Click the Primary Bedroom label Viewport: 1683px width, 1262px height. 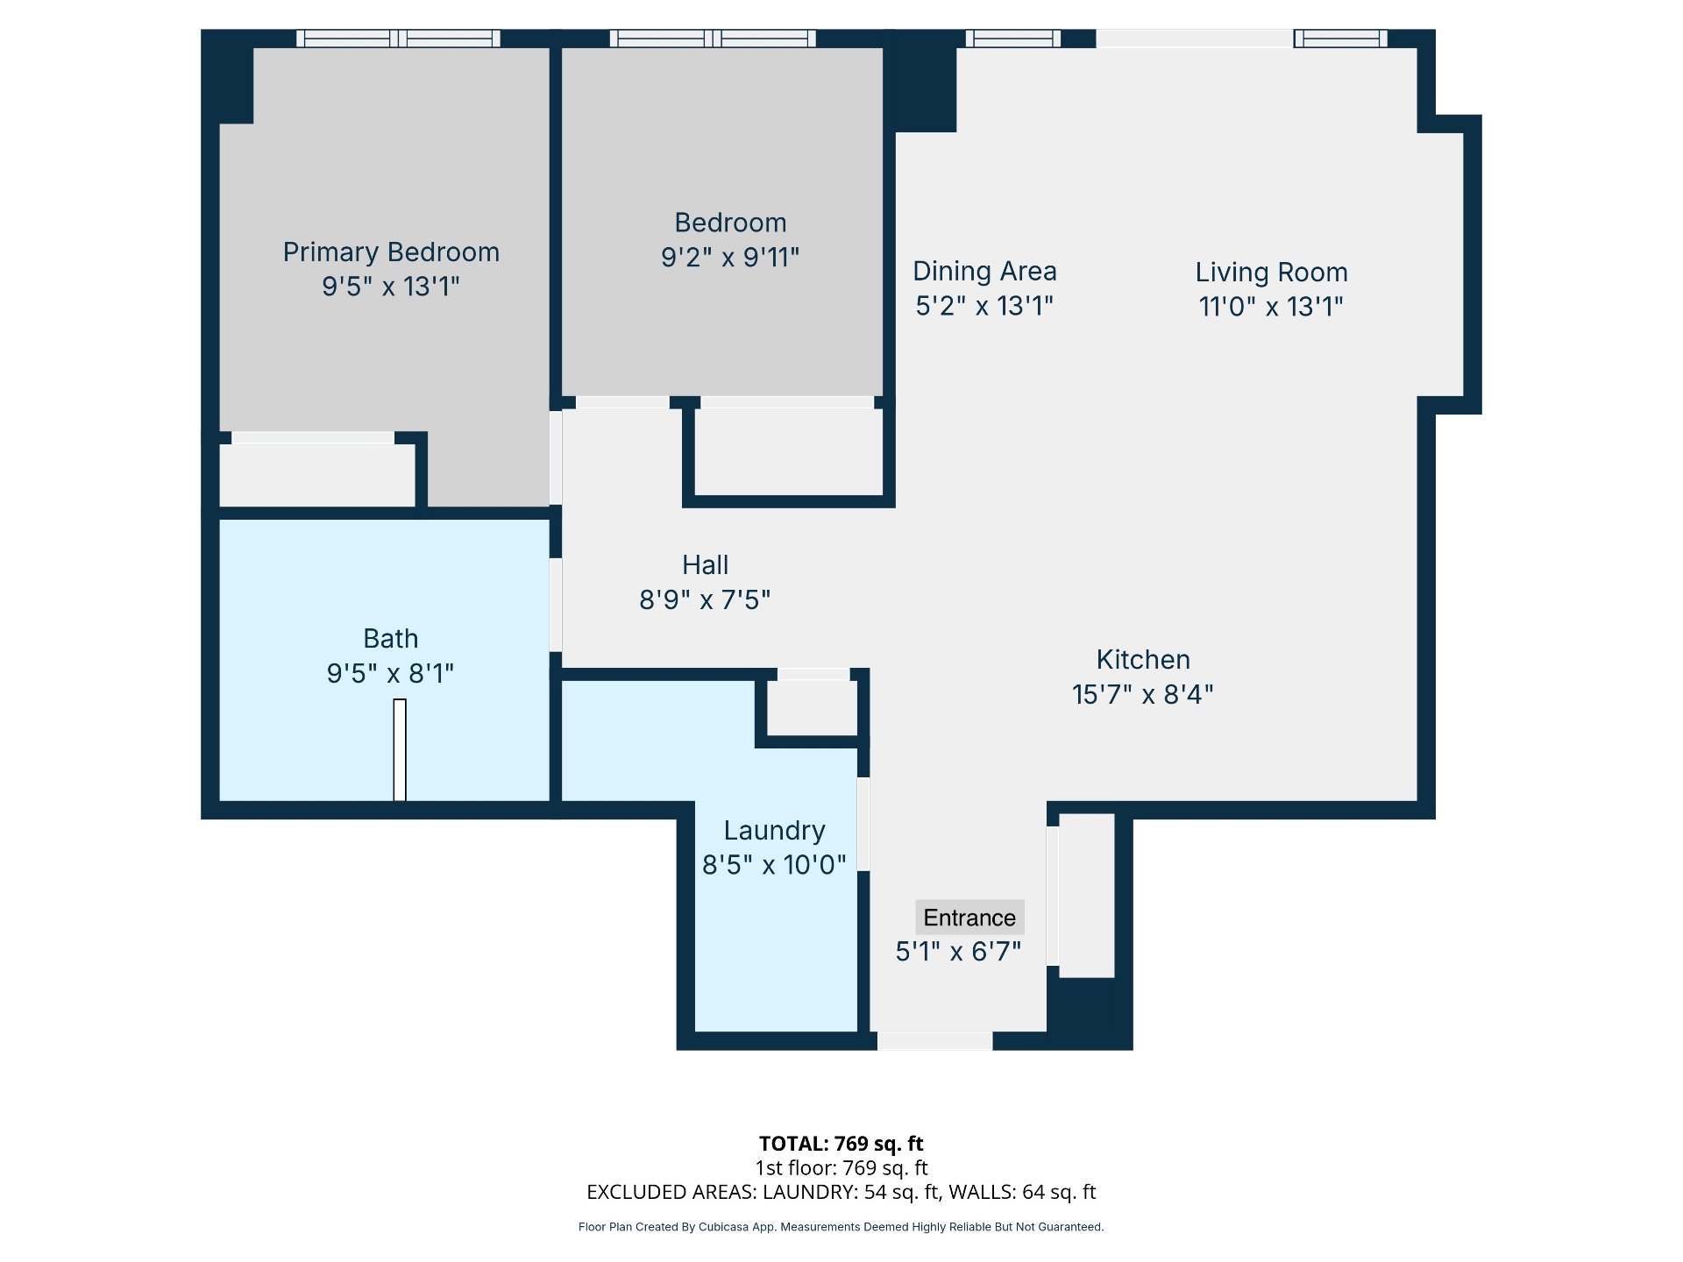click(x=391, y=252)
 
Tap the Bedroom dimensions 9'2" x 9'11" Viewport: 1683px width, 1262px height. click(x=730, y=258)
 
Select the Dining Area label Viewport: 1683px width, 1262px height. click(x=984, y=272)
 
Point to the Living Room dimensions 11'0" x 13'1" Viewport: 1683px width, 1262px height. click(x=1271, y=307)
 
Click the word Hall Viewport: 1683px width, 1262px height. click(x=706, y=565)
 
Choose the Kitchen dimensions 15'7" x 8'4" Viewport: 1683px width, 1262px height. click(x=1142, y=695)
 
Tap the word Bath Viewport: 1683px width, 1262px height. click(x=391, y=639)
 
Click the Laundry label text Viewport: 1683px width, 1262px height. click(x=775, y=831)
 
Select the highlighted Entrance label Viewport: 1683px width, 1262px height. click(x=969, y=918)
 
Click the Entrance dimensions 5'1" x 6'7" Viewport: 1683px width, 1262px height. click(x=958, y=952)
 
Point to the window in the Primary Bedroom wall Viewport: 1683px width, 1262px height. click(x=399, y=39)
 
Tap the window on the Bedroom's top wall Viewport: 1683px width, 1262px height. click(x=713, y=39)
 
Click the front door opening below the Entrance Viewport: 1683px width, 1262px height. click(x=935, y=1041)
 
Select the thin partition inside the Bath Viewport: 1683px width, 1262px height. click(x=400, y=750)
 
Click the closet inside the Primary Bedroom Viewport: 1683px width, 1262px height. click(x=316, y=474)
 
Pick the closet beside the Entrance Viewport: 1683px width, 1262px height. click(x=1087, y=896)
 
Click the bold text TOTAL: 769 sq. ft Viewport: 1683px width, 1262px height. click(x=841, y=1144)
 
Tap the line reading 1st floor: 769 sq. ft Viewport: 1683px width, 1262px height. click(x=841, y=1168)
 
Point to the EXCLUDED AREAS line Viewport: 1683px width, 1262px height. click(x=841, y=1192)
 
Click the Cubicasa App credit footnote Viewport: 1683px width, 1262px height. click(x=841, y=1227)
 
